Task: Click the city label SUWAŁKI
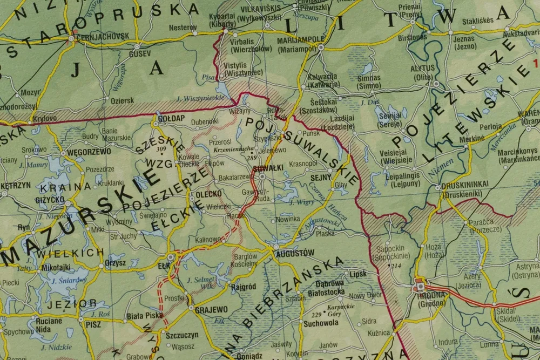tap(266, 168)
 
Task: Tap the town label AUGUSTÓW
tap(294, 253)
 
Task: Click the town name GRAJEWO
tap(211, 309)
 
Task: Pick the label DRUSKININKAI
tap(464, 184)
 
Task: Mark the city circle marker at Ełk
tap(172, 257)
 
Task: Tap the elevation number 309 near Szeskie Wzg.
tap(161, 148)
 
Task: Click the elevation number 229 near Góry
tap(316, 314)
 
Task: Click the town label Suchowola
tap(321, 323)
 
